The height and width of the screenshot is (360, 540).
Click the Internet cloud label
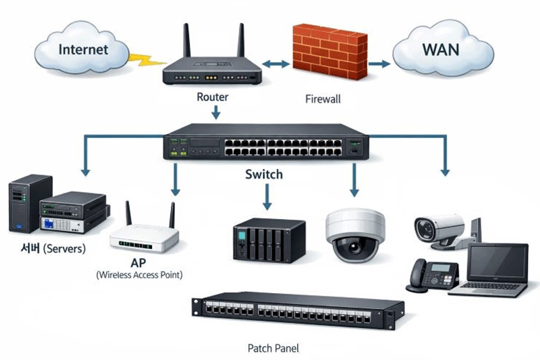coord(83,50)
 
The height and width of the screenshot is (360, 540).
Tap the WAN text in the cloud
coord(440,50)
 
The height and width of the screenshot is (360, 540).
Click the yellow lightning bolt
coord(146,60)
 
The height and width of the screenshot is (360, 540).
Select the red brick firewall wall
coord(330,52)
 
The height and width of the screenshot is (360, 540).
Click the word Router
coord(212,97)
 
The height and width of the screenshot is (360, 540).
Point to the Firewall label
coord(323,99)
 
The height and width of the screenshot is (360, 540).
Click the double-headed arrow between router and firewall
coord(276,63)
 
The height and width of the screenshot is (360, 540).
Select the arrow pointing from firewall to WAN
coord(379,63)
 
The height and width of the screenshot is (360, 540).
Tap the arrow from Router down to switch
coord(216,112)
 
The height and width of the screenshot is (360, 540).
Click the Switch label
coord(264,174)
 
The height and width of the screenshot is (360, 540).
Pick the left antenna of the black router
coord(187,40)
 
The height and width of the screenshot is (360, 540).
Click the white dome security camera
coord(355,235)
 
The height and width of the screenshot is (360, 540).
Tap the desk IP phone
coord(432,276)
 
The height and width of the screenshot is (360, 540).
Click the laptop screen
coord(497,262)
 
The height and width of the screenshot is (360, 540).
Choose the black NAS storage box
coord(269,240)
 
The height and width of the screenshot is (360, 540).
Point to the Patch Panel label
coord(273,348)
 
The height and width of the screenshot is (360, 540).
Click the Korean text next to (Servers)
coord(30,248)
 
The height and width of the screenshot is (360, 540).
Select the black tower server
coord(30,203)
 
